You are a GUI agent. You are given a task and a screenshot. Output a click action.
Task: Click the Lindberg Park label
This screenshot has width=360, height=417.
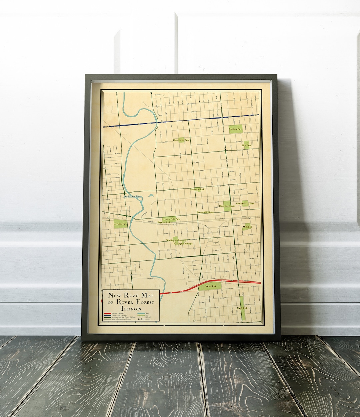tap(235, 129)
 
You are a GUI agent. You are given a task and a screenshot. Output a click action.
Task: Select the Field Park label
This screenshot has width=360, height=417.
tap(246, 146)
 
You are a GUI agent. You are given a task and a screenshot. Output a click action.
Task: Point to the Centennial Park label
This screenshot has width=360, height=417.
tap(197, 189)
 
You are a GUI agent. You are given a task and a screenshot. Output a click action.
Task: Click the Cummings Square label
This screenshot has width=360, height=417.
tap(227, 206)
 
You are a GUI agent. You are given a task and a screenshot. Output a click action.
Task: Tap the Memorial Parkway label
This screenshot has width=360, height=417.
tap(205, 212)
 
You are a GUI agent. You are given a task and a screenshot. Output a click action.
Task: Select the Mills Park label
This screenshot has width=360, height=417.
tap(247, 227)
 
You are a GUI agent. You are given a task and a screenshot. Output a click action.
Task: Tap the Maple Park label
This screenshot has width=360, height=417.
tap(244, 308)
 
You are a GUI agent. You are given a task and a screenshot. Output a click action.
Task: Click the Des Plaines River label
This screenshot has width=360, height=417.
tap(133, 197)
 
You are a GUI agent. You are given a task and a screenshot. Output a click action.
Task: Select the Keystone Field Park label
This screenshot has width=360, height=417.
tap(171, 219)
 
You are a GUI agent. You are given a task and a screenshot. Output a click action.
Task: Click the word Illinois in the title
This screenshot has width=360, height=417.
tap(131, 308)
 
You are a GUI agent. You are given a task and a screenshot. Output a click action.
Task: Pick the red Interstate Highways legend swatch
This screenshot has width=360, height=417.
tap(107, 314)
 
